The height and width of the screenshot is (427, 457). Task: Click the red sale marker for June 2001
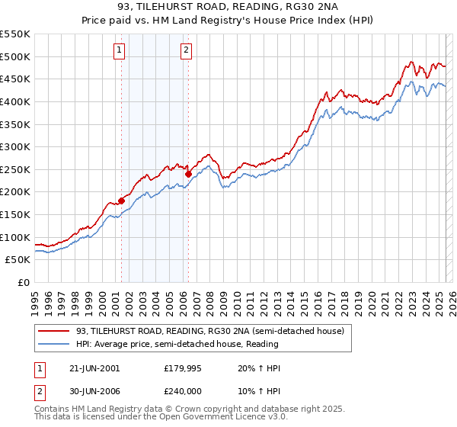(x=121, y=201)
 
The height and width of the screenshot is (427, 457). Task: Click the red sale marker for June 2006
(x=188, y=174)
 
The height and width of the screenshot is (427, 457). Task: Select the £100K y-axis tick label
(x=15, y=237)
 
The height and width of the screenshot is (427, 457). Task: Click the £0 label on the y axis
(x=22, y=283)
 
